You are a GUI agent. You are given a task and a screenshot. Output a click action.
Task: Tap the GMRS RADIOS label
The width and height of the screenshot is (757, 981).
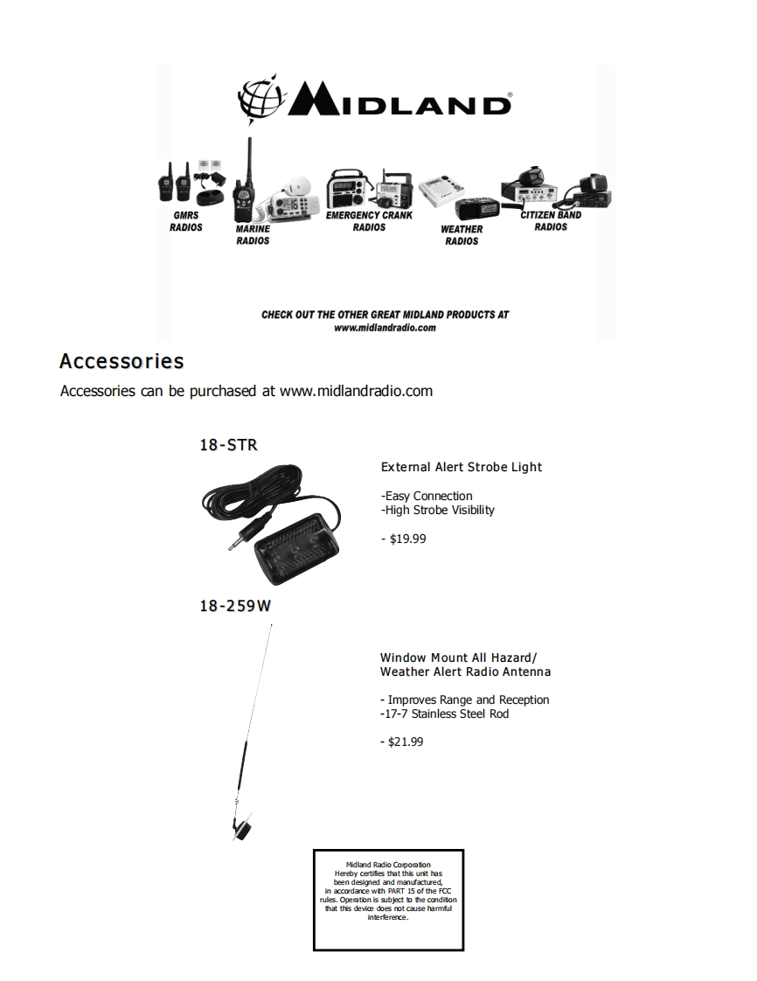click(185, 221)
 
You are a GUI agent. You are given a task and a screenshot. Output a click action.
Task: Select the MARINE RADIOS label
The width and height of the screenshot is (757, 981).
click(253, 235)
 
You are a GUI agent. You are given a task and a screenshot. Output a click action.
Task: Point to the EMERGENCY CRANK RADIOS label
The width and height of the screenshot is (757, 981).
click(369, 221)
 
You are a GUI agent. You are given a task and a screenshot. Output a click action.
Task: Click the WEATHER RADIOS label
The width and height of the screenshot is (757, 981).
click(462, 235)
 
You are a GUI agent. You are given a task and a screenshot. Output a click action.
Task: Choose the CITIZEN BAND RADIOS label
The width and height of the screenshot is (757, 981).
click(551, 221)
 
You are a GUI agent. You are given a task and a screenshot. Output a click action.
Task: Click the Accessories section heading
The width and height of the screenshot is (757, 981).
click(122, 361)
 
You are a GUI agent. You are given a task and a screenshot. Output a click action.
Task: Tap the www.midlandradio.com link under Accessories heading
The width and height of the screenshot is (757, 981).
click(356, 391)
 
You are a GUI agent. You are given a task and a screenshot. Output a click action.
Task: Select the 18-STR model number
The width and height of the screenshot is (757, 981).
click(228, 445)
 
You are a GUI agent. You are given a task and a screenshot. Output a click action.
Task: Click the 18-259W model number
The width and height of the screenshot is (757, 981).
click(235, 605)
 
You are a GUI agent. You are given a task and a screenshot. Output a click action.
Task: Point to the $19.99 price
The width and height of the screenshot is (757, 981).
click(404, 539)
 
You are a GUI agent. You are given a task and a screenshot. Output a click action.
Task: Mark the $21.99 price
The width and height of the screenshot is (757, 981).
click(402, 741)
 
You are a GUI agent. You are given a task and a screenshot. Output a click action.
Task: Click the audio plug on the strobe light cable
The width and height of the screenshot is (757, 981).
click(237, 542)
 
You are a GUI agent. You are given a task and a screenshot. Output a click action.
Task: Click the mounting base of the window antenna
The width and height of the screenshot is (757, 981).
click(242, 826)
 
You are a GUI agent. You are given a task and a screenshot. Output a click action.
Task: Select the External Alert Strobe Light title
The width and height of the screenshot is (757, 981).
click(462, 467)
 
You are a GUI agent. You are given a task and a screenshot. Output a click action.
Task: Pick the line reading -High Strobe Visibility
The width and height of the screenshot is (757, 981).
click(438, 510)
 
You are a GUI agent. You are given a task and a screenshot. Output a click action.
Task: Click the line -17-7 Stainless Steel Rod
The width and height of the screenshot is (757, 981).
click(444, 713)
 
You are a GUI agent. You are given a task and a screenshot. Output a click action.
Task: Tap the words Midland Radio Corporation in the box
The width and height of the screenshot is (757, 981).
click(388, 865)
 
